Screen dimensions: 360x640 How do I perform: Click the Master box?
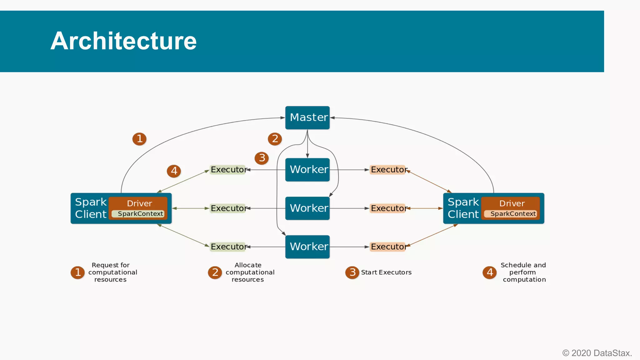[x=307, y=117]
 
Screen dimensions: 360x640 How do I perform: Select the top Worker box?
[x=307, y=170]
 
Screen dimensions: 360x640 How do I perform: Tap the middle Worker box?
[x=307, y=208]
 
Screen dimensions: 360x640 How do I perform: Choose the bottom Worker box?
[x=307, y=247]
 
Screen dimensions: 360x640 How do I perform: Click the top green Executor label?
[x=228, y=170]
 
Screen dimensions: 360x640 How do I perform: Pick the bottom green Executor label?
[x=228, y=247]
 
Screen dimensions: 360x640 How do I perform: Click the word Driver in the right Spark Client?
[x=512, y=203]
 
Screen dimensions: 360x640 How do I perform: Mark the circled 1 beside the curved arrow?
[x=139, y=139]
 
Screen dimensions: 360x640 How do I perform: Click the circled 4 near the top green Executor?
[x=174, y=171]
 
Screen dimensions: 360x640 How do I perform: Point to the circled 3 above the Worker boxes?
[x=262, y=158]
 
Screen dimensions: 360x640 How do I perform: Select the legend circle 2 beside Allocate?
[x=215, y=272]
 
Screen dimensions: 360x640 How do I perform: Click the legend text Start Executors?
[x=386, y=272]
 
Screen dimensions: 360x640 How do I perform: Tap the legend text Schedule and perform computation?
[x=524, y=272]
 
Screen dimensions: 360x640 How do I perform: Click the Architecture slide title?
[x=123, y=41]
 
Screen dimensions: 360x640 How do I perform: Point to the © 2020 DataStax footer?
[x=597, y=353]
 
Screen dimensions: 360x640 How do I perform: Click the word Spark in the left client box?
[x=91, y=202]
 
